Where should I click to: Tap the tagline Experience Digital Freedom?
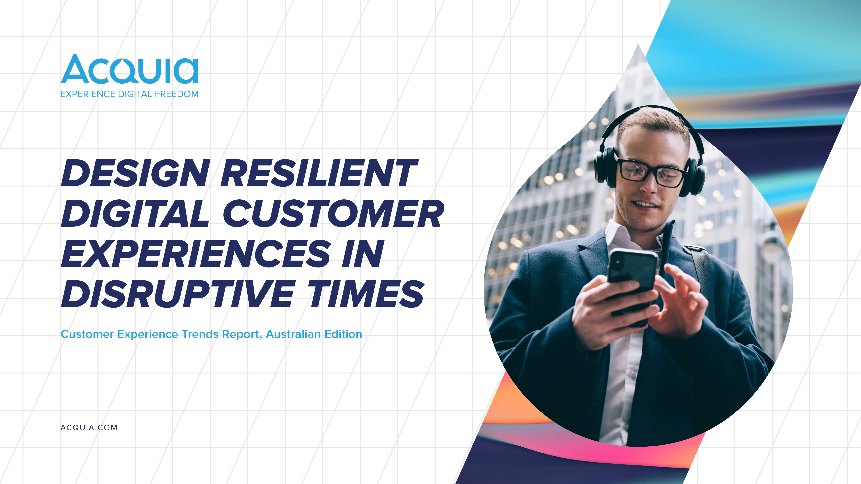(129, 94)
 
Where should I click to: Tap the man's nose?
(650, 187)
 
